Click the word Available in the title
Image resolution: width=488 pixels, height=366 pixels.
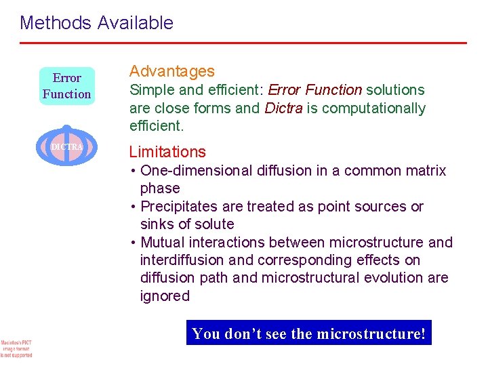pyautogui.click(x=135, y=23)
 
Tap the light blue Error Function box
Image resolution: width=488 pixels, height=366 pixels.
pyautogui.click(x=66, y=86)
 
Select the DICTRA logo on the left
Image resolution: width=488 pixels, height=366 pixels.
pyautogui.click(x=66, y=146)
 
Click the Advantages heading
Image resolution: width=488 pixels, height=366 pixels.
pyautogui.click(x=171, y=71)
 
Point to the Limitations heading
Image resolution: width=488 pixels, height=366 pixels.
pyautogui.click(x=167, y=152)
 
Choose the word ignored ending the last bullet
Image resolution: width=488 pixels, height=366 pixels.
pyautogui.click(x=165, y=296)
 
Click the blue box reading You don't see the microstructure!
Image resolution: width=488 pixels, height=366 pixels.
pyautogui.click(x=308, y=333)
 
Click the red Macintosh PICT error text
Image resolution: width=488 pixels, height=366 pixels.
pyautogui.click(x=16, y=348)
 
